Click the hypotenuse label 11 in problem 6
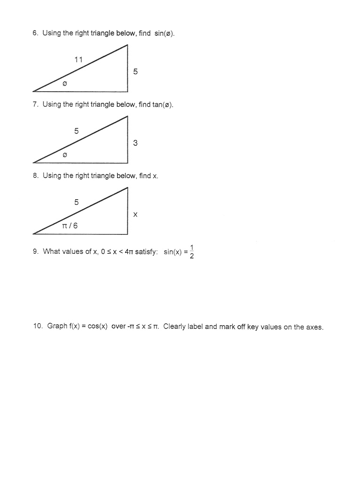pos(78,60)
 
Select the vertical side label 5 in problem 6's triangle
pos(135,72)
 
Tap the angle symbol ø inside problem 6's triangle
pos(65,83)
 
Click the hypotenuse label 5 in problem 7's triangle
pos(76,131)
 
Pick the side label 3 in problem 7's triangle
pos(135,143)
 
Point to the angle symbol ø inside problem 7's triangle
pos(65,154)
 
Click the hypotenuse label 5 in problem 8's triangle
pos(76,202)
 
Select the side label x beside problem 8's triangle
pos(135,215)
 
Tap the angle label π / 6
pos(70,226)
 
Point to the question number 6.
pos(35,33)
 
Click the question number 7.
pos(35,104)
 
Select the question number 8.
pos(35,176)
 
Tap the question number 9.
pos(35,251)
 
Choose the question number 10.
pos(38,326)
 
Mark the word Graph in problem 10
pos(57,326)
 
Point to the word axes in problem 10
pos(314,327)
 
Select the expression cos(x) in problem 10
pos(98,326)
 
